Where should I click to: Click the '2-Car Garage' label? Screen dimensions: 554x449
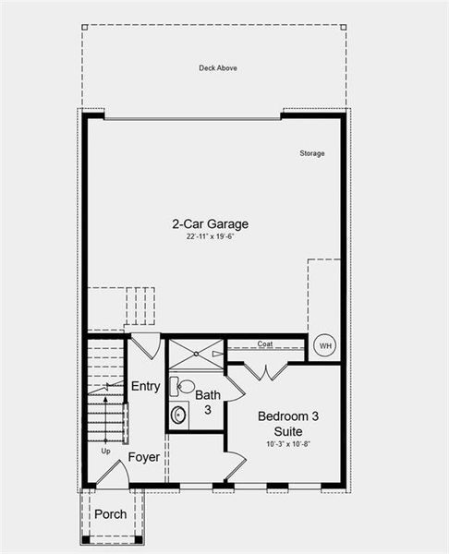(210, 223)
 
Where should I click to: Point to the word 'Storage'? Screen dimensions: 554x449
(311, 153)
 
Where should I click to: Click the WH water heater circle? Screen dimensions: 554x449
(324, 346)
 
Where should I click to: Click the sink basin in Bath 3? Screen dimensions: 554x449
(179, 415)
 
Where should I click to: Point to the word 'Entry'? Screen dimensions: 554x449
(145, 386)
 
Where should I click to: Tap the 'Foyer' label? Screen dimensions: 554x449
(143, 457)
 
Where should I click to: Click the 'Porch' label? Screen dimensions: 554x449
(111, 514)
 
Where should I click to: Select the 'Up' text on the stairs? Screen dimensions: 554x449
(105, 452)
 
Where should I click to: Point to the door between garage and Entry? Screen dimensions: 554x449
(145, 347)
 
